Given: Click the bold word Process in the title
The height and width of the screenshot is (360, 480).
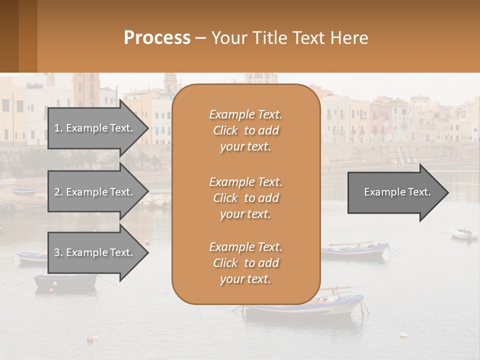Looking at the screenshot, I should point(157,38).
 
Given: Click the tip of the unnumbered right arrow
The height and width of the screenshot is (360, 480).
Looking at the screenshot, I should point(447,192).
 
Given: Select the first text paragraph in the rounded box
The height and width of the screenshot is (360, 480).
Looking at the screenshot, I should point(245,130).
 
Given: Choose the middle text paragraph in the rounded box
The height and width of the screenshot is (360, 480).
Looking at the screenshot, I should point(245,198).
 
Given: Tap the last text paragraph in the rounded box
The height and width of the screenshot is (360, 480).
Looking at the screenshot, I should point(245,263).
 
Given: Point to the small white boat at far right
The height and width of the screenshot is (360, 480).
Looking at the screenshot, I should point(463,233).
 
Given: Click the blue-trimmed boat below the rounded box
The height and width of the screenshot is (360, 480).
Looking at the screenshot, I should point(305,306).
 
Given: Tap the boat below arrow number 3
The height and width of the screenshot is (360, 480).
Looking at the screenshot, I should point(65,281).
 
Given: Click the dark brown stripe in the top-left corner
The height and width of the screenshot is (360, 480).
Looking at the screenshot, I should point(9,36).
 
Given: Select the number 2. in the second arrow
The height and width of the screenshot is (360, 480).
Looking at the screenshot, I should point(58,192).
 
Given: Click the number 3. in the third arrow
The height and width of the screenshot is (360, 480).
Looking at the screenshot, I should point(58,252).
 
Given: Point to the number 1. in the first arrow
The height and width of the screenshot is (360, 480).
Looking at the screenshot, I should point(58,128).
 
